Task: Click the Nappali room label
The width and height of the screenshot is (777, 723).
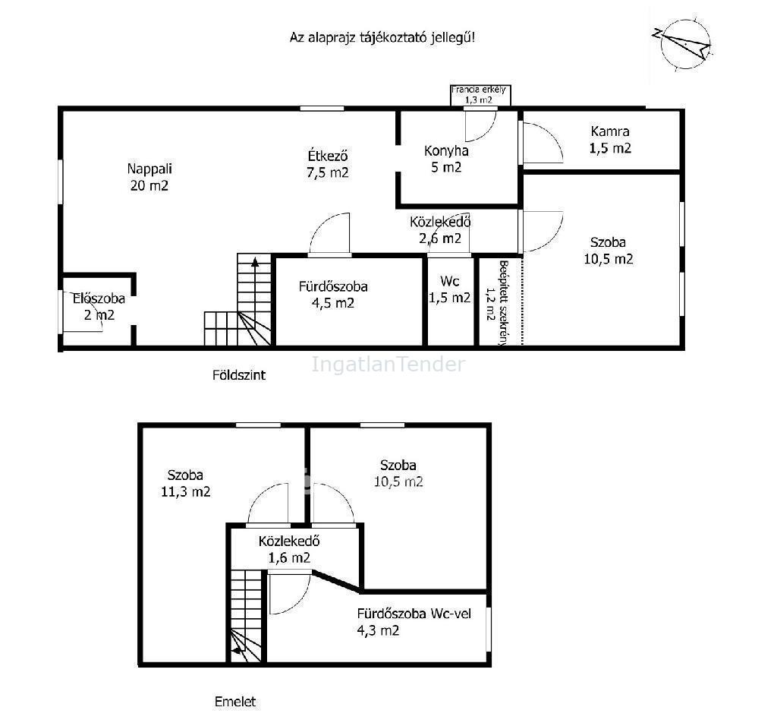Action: tap(149, 177)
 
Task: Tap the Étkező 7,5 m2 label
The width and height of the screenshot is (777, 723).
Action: tap(328, 164)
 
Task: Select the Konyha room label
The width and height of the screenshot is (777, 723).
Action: tap(446, 159)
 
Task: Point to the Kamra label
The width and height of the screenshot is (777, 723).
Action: tap(610, 140)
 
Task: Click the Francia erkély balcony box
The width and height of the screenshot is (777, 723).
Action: tap(480, 95)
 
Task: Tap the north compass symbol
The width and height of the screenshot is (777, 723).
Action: tap(683, 43)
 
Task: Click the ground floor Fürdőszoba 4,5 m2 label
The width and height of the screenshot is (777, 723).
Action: tap(333, 295)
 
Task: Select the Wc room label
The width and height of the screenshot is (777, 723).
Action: tap(449, 289)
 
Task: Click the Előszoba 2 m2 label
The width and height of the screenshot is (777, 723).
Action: tap(99, 307)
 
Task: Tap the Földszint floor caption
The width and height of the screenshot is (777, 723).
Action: tap(239, 375)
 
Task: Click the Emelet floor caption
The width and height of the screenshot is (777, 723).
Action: tap(235, 702)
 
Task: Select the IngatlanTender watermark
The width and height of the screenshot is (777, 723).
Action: tap(388, 365)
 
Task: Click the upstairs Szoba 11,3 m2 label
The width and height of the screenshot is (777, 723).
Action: tap(185, 483)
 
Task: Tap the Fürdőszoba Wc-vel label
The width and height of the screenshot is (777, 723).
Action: tap(414, 622)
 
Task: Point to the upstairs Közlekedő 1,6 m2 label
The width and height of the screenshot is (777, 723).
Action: tap(289, 549)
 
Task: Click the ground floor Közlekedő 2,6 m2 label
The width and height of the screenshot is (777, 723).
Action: tap(440, 230)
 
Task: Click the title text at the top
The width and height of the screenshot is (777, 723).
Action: tap(382, 37)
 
